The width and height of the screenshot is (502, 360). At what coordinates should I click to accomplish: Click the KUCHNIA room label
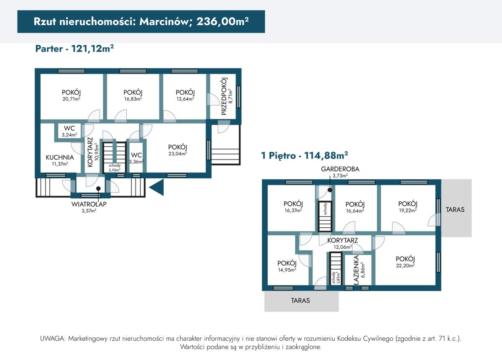[60, 157]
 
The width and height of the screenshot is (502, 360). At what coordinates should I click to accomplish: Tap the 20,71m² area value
[71, 99]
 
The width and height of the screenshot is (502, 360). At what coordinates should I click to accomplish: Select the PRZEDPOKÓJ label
[224, 96]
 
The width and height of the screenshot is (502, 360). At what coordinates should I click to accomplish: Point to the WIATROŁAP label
[89, 204]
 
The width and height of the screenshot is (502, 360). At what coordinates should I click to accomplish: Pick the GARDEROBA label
[340, 169]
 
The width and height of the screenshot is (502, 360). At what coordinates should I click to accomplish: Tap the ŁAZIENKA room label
[356, 270]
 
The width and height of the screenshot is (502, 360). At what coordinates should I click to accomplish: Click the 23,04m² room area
[177, 154]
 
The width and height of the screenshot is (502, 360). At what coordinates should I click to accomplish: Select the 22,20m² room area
[405, 266]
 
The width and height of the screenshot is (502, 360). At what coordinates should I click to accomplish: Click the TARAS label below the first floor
[300, 301]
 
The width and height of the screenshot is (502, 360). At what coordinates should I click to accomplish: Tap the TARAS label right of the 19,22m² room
[455, 209]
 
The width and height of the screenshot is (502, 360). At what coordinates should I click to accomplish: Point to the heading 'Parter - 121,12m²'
[74, 49]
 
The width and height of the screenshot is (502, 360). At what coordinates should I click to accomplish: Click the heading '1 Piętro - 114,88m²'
[305, 155]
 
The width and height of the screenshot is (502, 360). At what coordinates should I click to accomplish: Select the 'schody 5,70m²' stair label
[115, 168]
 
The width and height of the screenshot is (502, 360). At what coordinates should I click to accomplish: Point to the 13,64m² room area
[185, 99]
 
